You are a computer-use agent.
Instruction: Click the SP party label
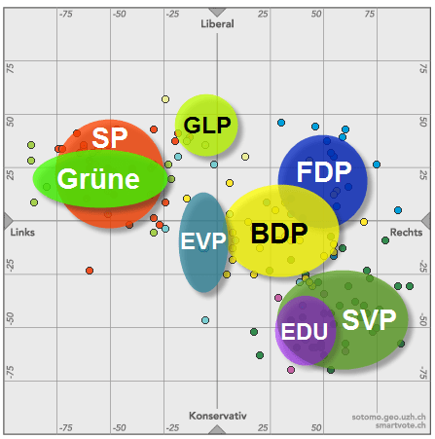pyautogui.click(x=110, y=138)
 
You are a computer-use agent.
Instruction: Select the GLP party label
pyautogui.click(x=207, y=126)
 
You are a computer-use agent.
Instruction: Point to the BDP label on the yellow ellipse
pyautogui.click(x=278, y=235)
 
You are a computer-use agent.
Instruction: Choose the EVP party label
pyautogui.click(x=202, y=241)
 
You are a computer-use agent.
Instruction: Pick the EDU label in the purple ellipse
pyautogui.click(x=304, y=331)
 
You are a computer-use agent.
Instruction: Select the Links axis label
pyautogui.click(x=22, y=233)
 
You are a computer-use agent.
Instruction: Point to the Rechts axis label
pyautogui.click(x=406, y=233)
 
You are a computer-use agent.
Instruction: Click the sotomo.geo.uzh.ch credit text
pyautogui.click(x=388, y=417)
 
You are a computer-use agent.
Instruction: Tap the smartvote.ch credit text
pyautogui.click(x=400, y=426)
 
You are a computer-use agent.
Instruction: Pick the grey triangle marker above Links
pyautogui.click(x=7, y=219)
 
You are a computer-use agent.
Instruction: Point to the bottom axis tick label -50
pyautogui.click(x=119, y=427)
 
